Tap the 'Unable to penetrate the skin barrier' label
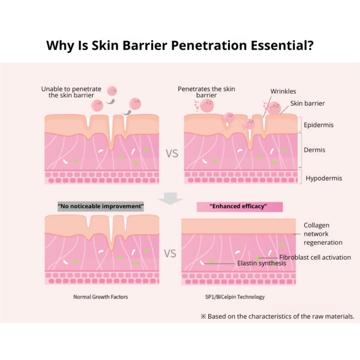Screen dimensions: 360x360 71,92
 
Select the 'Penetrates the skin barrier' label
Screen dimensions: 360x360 207,92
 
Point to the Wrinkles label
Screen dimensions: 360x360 283,91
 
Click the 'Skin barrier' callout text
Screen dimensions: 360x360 307,103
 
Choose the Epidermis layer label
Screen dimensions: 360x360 319,124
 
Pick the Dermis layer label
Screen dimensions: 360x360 315,150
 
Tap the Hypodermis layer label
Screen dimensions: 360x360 324,178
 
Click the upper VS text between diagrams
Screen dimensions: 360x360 172,154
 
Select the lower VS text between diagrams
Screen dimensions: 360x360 170,254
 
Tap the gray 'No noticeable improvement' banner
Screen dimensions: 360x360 101,207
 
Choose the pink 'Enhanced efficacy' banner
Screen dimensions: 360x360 240,207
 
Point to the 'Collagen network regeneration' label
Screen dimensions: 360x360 322,234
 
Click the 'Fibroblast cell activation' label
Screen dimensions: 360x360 315,257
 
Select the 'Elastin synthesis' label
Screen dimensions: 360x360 262,263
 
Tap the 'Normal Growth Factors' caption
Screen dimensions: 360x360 100,297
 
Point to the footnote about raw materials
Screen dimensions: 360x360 277,316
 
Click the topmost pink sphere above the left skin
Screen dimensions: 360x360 112,91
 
